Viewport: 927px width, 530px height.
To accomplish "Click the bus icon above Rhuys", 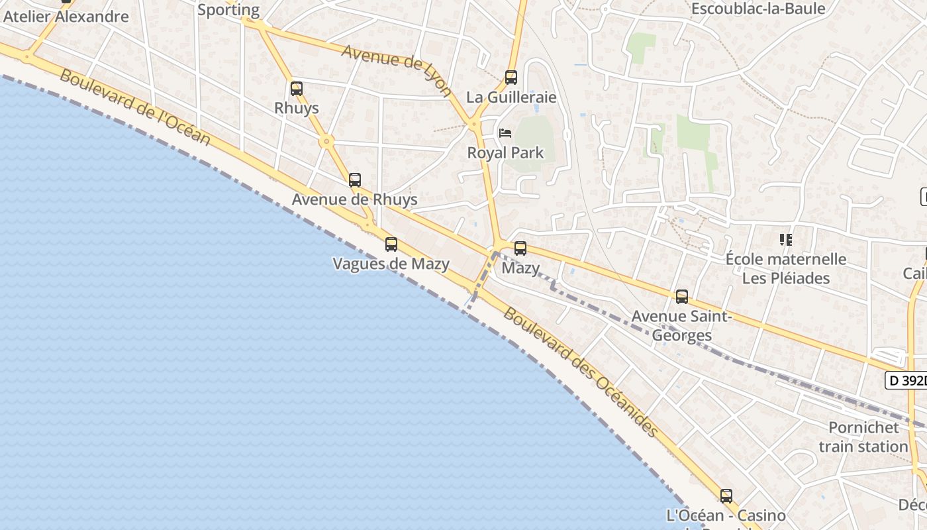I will (x=297, y=88).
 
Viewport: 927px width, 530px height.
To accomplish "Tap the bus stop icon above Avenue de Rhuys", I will (x=355, y=180).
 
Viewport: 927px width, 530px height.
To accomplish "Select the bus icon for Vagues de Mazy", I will (x=391, y=244).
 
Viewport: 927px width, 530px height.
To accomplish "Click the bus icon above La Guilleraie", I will (x=511, y=78).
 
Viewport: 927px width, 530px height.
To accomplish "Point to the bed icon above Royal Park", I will (x=505, y=133).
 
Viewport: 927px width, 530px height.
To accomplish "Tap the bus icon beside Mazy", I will (x=520, y=248).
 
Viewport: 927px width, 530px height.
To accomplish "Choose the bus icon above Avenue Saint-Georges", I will (x=682, y=297).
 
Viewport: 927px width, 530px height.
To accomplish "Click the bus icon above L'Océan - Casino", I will (x=726, y=496).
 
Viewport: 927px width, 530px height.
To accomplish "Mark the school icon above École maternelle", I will (x=786, y=239).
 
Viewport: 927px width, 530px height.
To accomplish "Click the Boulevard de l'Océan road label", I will (x=135, y=107).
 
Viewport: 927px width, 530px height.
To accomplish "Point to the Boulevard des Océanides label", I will (x=581, y=372).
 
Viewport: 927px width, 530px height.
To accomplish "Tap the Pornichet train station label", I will (x=863, y=437).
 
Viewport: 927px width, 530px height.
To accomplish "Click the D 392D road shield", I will (x=906, y=380).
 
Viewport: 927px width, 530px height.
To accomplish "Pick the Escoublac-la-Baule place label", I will (x=758, y=9).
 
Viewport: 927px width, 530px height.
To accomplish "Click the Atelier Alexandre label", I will (x=66, y=17).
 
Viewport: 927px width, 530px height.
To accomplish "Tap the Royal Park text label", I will (x=505, y=153).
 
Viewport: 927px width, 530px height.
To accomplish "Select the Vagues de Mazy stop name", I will (x=391, y=264).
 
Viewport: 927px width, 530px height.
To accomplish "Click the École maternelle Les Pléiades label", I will (x=786, y=268).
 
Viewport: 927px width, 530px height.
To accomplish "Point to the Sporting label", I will (x=228, y=10).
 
